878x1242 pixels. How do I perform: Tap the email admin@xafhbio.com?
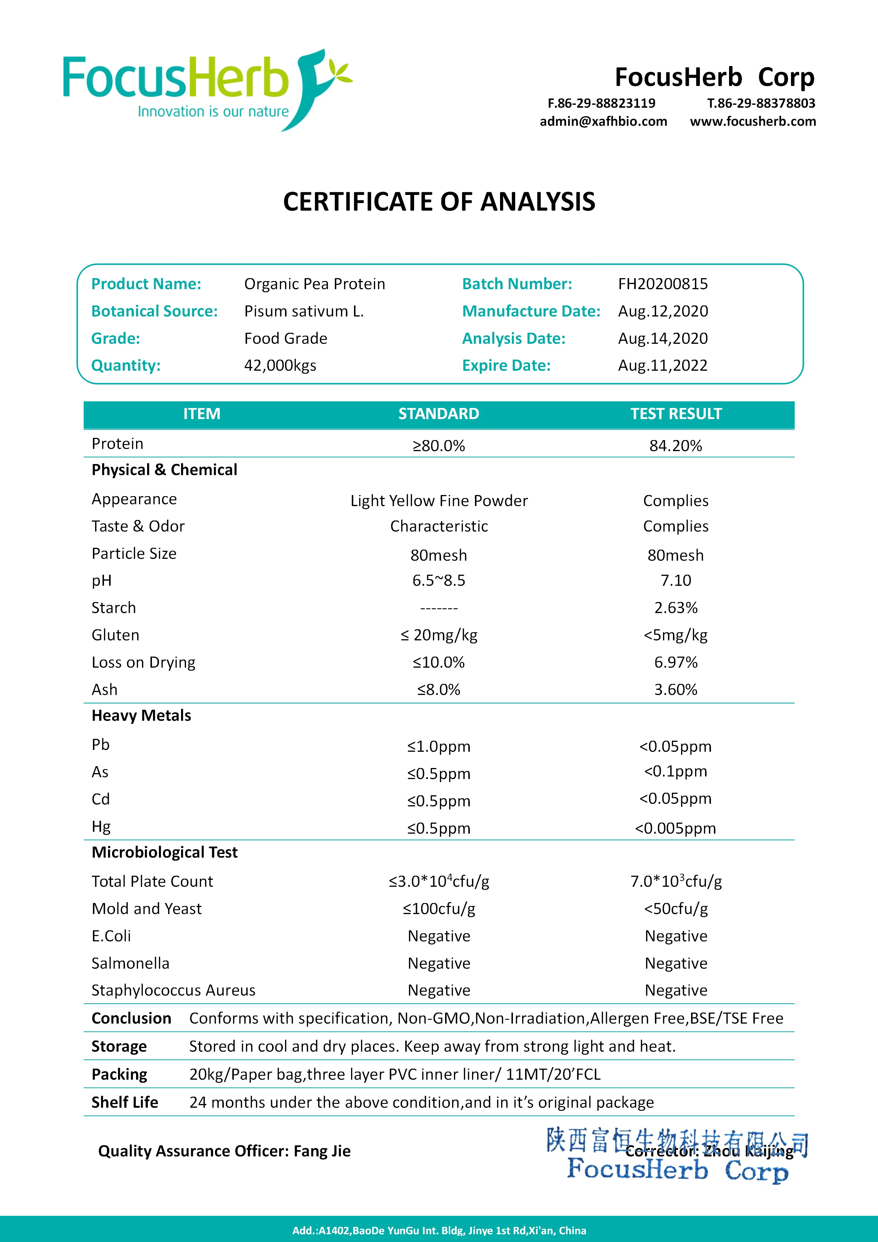click(603, 121)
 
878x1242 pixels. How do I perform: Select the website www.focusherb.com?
click(753, 121)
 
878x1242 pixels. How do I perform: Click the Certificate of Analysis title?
click(439, 202)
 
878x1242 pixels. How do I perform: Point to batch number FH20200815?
click(663, 284)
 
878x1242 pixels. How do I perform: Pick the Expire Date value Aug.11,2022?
click(663, 366)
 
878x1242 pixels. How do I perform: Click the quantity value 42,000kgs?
click(280, 366)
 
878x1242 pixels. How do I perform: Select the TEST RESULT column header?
click(676, 414)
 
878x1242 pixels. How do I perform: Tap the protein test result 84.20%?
click(676, 446)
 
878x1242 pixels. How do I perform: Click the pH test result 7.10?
click(676, 581)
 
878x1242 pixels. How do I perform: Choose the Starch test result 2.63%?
click(676, 608)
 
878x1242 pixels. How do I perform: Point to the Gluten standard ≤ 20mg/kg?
click(439, 635)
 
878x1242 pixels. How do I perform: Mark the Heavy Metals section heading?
click(141, 716)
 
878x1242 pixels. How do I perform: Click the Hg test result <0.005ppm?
click(676, 828)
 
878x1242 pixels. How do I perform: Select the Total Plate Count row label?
click(152, 882)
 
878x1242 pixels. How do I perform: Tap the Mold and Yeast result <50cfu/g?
click(676, 909)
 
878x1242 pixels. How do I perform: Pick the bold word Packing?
click(119, 1074)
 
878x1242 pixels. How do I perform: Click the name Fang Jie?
click(322, 1151)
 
